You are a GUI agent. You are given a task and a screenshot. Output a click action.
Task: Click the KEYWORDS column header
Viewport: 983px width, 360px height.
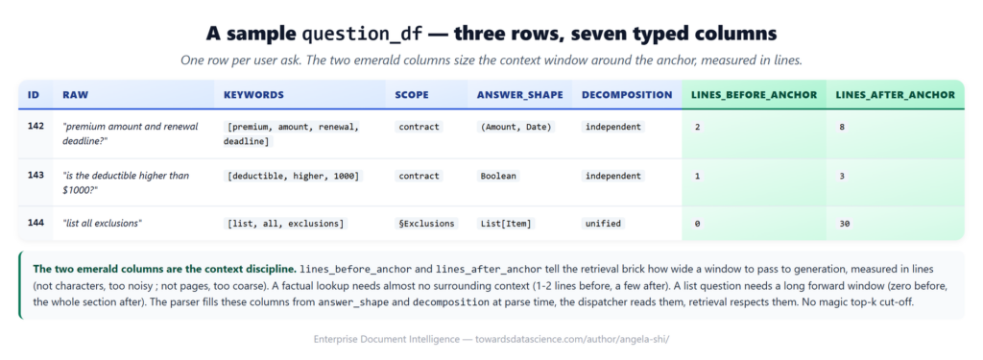click(x=253, y=95)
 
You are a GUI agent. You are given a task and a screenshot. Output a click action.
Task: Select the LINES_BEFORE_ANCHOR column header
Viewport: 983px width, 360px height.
click(x=754, y=95)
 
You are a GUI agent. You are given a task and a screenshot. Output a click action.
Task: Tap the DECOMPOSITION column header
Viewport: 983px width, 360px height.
click(x=627, y=95)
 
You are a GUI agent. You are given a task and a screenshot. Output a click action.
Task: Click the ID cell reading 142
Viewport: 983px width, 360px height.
click(x=36, y=126)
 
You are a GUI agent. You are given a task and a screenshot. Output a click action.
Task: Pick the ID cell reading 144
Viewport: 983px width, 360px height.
click(x=36, y=223)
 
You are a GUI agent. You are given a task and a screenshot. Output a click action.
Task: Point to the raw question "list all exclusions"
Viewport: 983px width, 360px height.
click(x=102, y=224)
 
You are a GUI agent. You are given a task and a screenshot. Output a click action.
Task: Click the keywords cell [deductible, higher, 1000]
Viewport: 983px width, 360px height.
click(x=294, y=177)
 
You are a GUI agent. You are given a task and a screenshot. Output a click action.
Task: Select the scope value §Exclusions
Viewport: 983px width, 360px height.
click(x=427, y=224)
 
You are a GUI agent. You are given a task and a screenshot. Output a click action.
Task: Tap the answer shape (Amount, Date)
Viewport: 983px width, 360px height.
click(x=516, y=127)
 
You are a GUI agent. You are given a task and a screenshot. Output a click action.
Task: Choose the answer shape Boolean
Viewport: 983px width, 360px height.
click(x=498, y=177)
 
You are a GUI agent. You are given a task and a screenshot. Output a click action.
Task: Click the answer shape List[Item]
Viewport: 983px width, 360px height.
click(x=507, y=224)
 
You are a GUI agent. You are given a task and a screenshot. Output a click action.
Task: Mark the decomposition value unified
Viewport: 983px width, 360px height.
click(x=603, y=224)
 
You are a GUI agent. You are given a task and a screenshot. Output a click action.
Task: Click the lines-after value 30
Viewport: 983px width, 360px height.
click(x=845, y=224)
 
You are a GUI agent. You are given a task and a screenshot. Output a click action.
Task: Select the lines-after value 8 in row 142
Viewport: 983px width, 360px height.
click(x=842, y=127)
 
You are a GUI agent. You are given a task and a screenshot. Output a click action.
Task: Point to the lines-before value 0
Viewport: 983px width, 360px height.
click(x=697, y=224)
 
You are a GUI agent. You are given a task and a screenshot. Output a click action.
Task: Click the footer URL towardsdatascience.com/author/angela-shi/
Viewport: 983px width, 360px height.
click(x=563, y=339)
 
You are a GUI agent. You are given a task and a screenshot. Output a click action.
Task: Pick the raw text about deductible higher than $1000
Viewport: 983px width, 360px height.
click(x=126, y=181)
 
